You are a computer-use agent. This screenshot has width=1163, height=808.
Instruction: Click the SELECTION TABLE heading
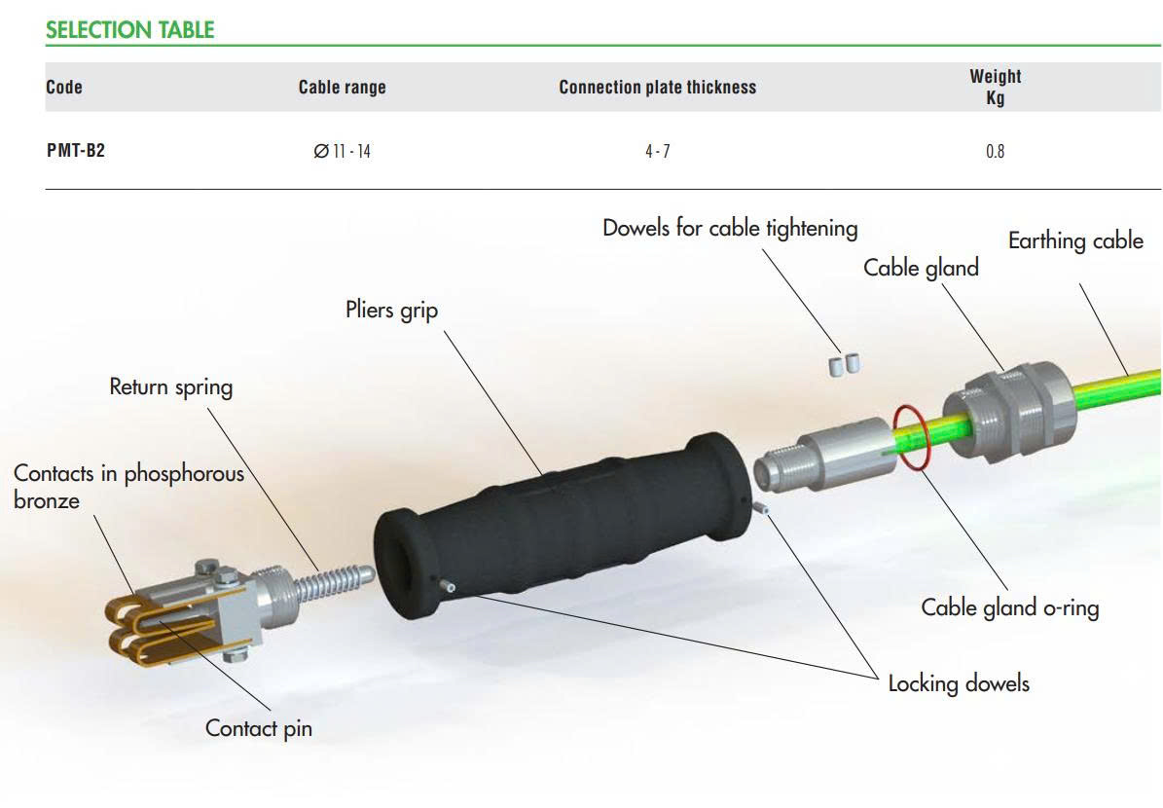tap(129, 30)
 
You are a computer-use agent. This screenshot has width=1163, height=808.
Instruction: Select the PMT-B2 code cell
tap(75, 151)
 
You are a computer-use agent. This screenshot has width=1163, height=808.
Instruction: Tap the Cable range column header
tap(342, 88)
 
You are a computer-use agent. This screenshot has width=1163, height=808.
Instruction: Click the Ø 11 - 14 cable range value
tap(342, 152)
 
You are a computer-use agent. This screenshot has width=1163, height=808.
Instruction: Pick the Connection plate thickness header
tap(657, 88)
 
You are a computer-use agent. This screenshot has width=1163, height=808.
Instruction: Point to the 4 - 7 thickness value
tap(657, 152)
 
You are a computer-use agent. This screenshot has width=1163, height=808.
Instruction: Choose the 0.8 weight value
tap(995, 152)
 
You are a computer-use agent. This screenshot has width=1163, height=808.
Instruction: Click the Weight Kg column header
tap(995, 87)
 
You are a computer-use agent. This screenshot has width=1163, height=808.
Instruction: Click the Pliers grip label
tap(391, 311)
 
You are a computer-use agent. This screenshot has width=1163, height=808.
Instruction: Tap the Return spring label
tap(170, 386)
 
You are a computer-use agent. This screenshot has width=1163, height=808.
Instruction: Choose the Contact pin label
tap(258, 727)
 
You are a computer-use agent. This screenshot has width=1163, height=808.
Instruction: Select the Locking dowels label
tap(958, 683)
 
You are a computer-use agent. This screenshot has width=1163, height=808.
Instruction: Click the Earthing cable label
tap(1074, 240)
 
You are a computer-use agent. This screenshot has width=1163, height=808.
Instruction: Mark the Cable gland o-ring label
tap(1009, 607)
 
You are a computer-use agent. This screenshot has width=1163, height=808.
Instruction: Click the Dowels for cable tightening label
tap(730, 229)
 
